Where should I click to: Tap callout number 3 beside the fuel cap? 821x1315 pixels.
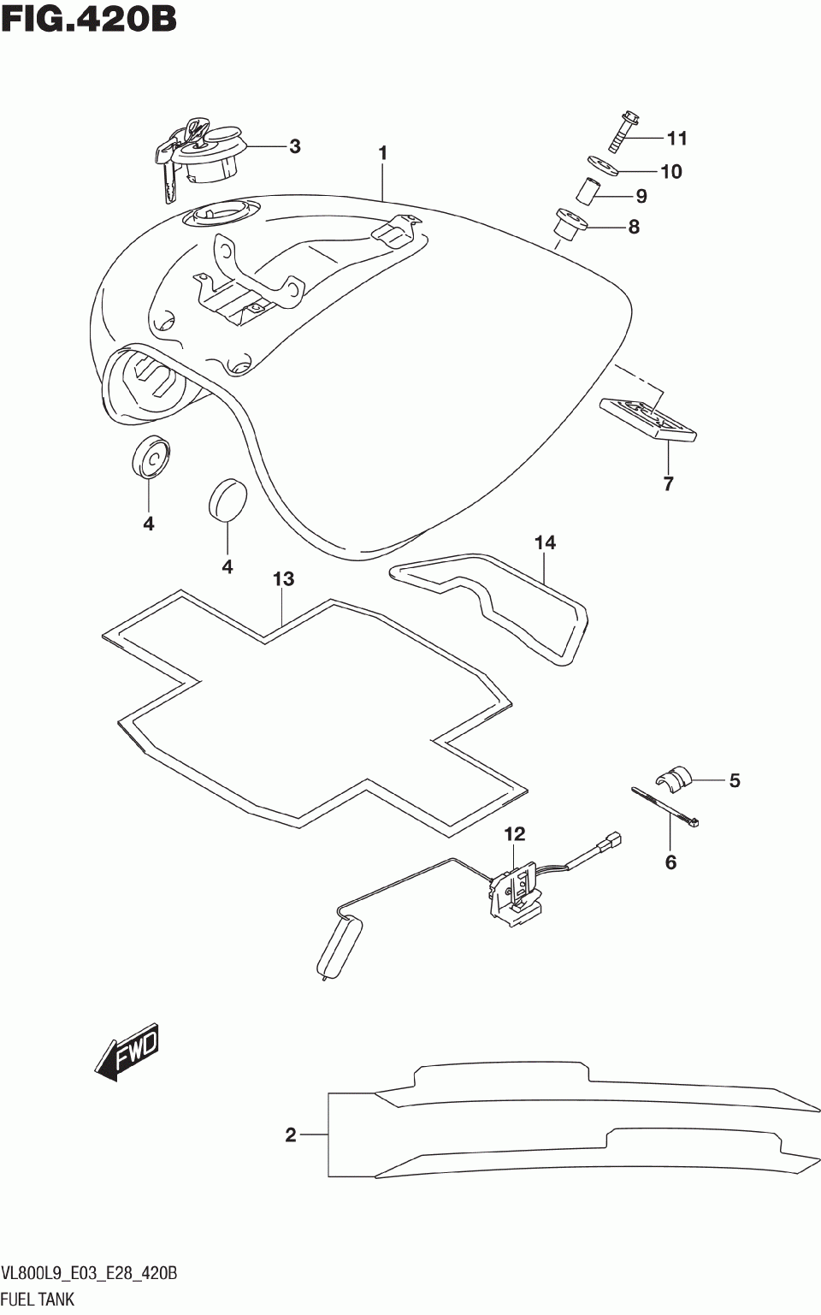click(x=294, y=146)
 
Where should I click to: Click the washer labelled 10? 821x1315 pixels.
click(x=603, y=164)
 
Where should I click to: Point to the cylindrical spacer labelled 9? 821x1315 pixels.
click(x=589, y=190)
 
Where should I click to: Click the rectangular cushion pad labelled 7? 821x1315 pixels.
click(x=648, y=419)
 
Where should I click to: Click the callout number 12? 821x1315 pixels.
click(x=514, y=833)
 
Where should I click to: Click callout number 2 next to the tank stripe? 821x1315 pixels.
click(x=291, y=1134)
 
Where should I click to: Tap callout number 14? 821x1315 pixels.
click(x=545, y=542)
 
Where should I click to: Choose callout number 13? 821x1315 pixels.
click(x=283, y=579)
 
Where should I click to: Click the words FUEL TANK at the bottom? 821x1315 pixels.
click(x=38, y=1299)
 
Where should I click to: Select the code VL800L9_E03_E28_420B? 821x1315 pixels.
click(x=89, y=1274)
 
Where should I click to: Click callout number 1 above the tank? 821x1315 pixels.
click(x=383, y=153)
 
